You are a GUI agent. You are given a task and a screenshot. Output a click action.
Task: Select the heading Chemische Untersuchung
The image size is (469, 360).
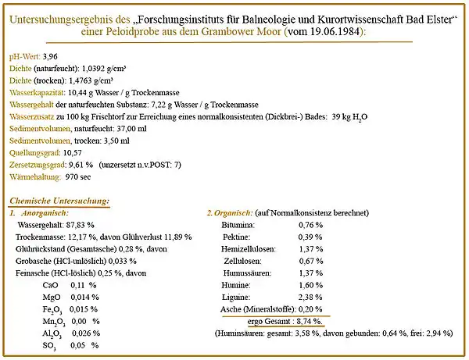click(x=59, y=201)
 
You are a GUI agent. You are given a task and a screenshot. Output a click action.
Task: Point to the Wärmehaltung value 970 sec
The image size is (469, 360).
click(x=81, y=176)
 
